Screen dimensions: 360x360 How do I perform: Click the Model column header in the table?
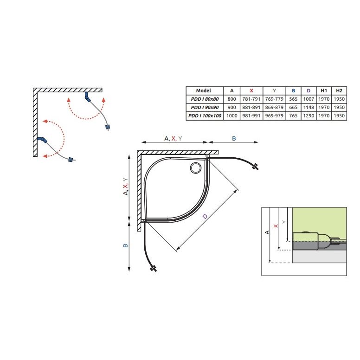coord(203,90)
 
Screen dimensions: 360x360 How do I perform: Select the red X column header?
coord(251,90)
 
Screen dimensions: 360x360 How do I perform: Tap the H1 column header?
coord(324,90)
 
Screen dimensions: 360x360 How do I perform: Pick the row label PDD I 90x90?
coord(205,108)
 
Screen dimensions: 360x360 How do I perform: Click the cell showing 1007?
coord(309,99)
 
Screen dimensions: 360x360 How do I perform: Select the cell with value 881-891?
coord(251,108)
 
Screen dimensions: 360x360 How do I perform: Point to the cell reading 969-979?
coord(274,116)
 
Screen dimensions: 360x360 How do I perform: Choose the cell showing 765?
coord(293,116)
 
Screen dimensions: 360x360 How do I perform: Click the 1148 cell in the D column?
coord(309,108)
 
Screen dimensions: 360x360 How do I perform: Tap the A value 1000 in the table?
coord(231,116)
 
